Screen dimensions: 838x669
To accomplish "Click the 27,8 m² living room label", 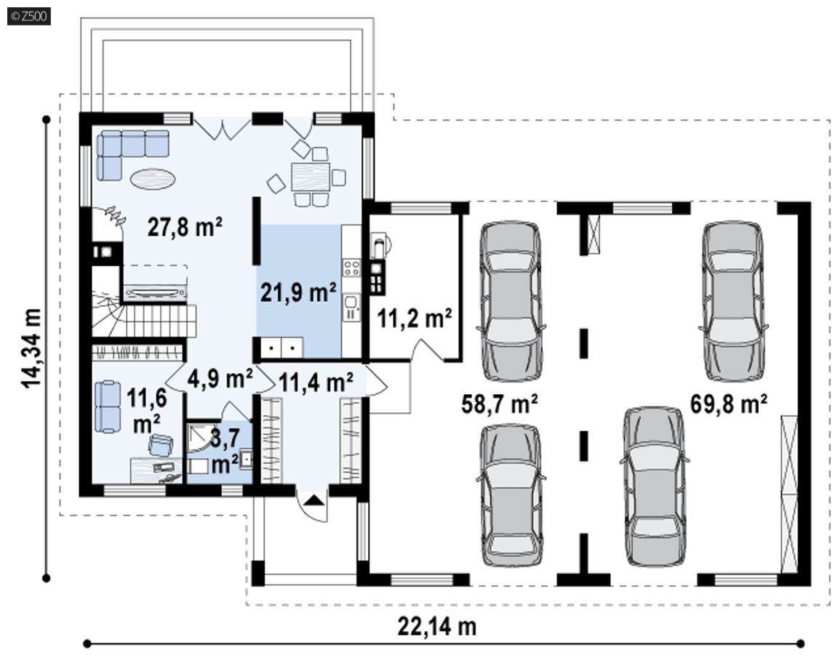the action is (x=185, y=228).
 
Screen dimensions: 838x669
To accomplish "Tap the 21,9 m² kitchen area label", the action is (x=298, y=292).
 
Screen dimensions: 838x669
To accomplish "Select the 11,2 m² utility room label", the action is (x=415, y=319).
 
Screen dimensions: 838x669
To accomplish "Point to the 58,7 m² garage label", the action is (x=499, y=404).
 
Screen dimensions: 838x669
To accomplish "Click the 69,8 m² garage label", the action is (x=729, y=404).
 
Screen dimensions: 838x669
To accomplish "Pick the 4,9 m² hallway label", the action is (x=220, y=379).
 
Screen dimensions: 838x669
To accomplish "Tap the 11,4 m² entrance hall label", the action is (x=316, y=382).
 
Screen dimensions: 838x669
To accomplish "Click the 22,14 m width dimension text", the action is (x=436, y=625).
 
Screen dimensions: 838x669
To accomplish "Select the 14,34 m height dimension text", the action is (x=31, y=348).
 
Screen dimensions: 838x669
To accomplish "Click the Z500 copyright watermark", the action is (x=29, y=17).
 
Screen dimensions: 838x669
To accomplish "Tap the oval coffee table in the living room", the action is (x=153, y=178).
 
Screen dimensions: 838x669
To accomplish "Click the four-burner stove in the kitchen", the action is (x=351, y=267).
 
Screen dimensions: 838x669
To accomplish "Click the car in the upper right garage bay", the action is (x=733, y=301).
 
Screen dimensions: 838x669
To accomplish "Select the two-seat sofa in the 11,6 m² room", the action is (x=108, y=406).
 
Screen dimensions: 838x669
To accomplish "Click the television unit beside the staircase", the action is (x=156, y=292).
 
